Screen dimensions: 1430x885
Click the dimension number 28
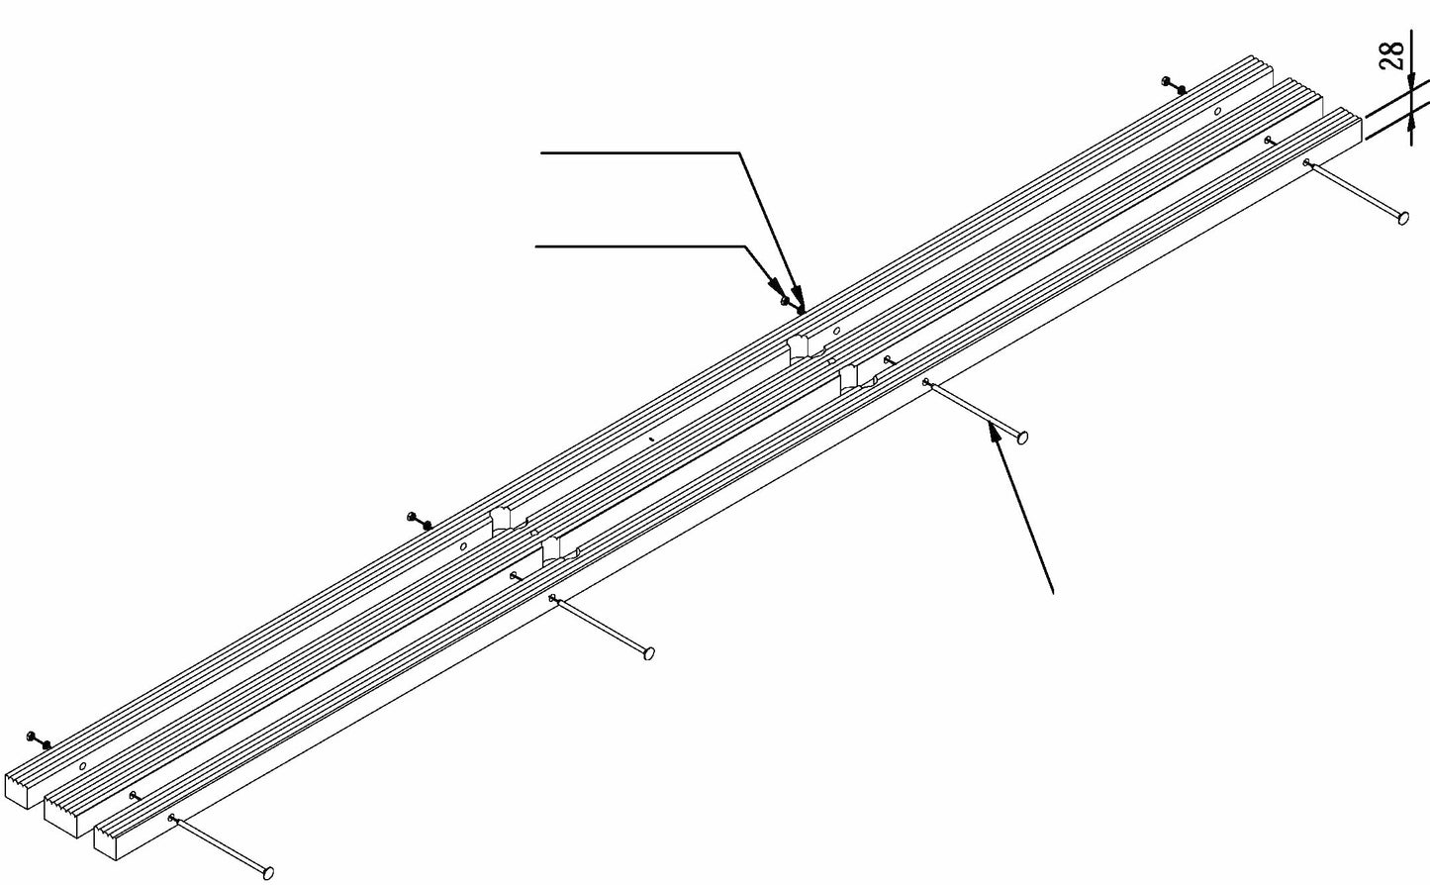[1391, 55]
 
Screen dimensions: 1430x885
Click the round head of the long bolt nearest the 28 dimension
[1403, 218]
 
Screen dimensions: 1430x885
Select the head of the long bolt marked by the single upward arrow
[1022, 438]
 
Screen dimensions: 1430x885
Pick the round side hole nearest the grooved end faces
[82, 765]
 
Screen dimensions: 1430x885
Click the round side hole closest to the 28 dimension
[1217, 112]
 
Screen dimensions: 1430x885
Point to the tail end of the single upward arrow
[1053, 593]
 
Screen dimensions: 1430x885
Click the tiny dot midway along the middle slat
[650, 440]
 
